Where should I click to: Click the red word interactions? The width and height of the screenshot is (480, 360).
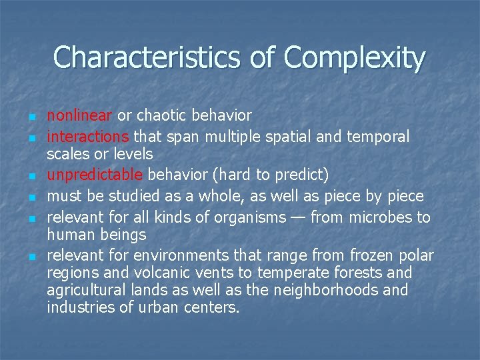(88, 137)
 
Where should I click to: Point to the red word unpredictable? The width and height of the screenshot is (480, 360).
(94, 175)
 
